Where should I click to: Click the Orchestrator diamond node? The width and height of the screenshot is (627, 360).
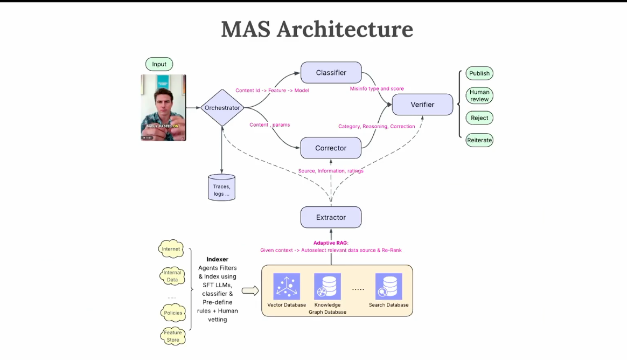tap(222, 108)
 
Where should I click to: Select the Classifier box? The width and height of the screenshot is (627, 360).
tap(331, 73)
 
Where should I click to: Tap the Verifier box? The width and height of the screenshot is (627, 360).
tap(422, 105)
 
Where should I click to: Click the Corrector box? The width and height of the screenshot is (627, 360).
tap(331, 148)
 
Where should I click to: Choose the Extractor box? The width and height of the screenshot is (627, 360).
tap(331, 217)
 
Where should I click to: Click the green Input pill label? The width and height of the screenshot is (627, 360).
tap(159, 64)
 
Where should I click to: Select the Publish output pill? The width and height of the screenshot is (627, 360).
tap(479, 73)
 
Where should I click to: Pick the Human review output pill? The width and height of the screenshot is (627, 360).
tap(479, 95)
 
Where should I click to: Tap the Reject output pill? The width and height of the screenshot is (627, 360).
tap(479, 118)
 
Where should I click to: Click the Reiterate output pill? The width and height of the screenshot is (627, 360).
tap(479, 140)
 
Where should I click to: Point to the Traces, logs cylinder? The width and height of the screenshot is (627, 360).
tap(221, 188)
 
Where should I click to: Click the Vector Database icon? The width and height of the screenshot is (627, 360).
tap(287, 286)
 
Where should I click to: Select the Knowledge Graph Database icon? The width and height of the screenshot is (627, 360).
tap(328, 286)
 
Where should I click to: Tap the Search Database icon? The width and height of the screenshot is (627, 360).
tap(388, 286)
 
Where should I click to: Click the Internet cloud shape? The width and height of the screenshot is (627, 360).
tap(171, 249)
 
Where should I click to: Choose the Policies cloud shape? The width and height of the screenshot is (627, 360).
tap(173, 313)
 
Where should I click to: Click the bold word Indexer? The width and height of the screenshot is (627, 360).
tap(218, 259)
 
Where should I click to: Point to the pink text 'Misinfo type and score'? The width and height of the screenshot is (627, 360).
tap(377, 88)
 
